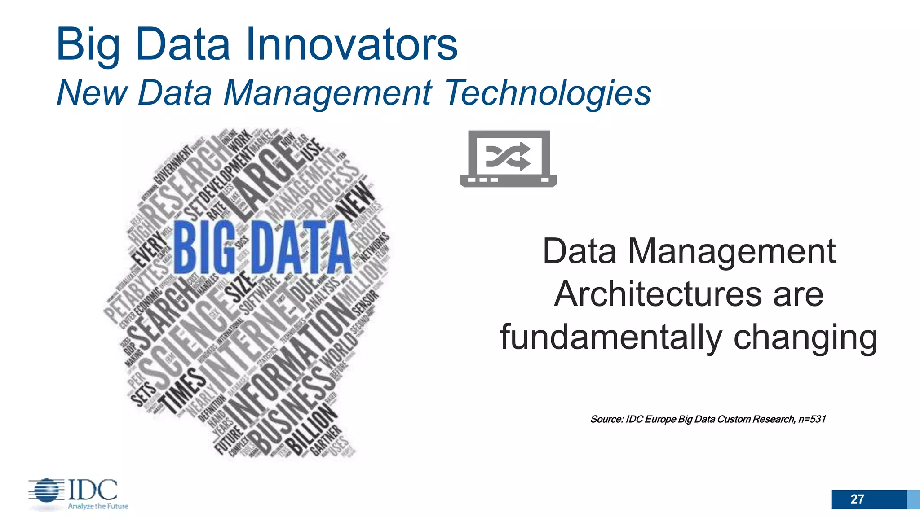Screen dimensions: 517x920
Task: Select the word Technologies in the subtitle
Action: click(548, 92)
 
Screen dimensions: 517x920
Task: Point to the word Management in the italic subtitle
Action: click(328, 93)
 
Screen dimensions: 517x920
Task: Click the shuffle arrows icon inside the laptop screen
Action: click(508, 157)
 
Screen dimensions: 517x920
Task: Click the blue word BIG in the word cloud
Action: click(204, 247)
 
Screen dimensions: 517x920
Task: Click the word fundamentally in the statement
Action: click(611, 337)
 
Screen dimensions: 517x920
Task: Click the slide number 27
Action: click(857, 499)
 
